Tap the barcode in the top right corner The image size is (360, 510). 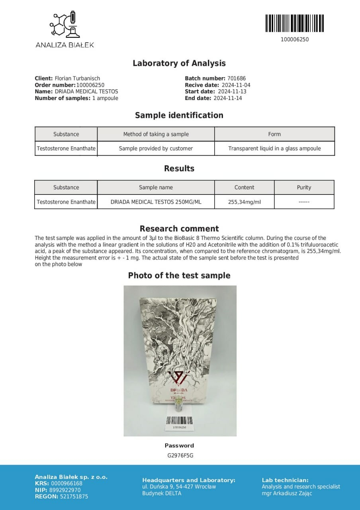294,23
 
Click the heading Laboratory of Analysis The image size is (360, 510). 179,63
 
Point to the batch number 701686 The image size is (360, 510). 236,78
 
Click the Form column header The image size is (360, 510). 274,134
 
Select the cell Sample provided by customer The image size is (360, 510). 156,148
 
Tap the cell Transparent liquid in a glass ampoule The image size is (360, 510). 274,148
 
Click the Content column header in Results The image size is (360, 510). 244,187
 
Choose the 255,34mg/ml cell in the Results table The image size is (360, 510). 244,202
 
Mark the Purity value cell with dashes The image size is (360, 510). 304,202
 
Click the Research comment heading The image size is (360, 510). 179,229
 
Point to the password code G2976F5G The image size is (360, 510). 180,455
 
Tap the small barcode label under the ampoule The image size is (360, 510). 179,422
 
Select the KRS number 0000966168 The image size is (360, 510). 67,484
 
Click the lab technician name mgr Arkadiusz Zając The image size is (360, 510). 287,493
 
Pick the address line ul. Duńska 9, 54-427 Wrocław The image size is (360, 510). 179,486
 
